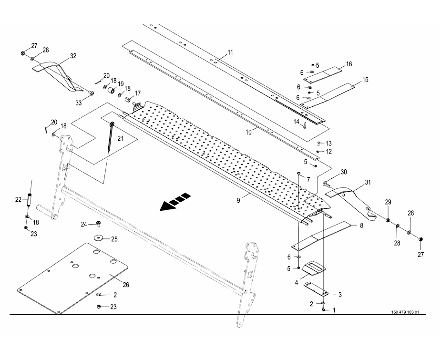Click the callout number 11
coord(230,52)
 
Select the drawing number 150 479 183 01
coord(405,313)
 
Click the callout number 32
coord(73,56)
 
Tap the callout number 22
coord(18,199)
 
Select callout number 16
coord(349,64)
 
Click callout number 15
coord(365,79)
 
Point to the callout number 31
coord(368,182)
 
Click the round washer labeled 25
coord(99,238)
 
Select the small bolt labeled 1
coord(324,310)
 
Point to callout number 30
coord(344,172)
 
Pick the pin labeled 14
coord(303,125)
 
